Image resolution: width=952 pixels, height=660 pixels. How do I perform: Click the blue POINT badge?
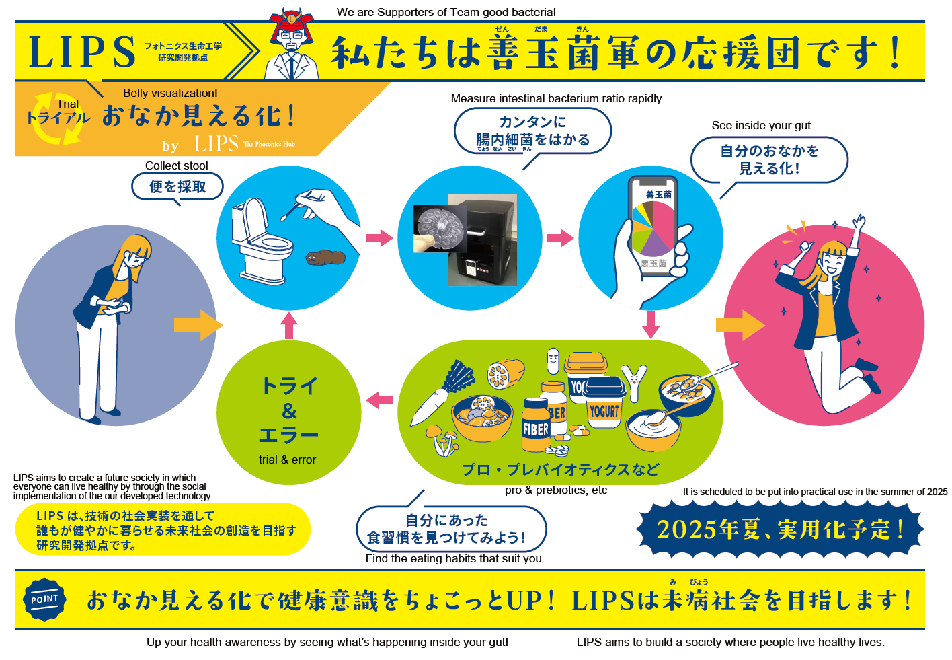tap(44, 599)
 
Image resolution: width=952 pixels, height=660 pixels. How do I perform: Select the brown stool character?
tap(325, 257)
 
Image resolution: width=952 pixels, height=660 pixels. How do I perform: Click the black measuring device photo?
tap(483, 240)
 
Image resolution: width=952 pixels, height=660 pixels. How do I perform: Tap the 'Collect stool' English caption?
tap(176, 166)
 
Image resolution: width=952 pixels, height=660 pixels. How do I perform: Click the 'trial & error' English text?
tap(287, 460)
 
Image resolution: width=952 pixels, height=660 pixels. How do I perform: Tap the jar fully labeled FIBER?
tap(536, 425)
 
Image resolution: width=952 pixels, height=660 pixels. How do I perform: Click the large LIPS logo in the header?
tap(82, 52)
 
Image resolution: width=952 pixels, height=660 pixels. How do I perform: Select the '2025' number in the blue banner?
tap(686, 530)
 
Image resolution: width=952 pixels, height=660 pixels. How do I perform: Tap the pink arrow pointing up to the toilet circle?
tap(289, 326)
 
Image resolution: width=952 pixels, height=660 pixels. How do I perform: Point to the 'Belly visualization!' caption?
tap(170, 93)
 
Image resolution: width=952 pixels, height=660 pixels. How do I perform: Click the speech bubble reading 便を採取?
tap(177, 187)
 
